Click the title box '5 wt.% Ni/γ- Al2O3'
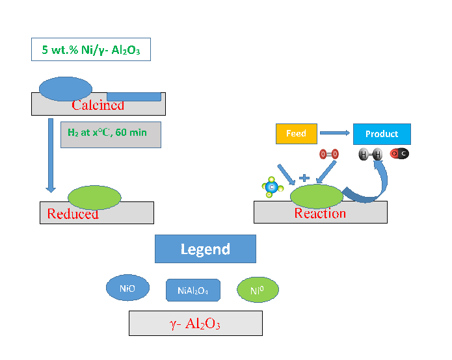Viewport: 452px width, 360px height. (91, 50)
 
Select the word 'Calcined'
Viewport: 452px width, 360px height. (98, 105)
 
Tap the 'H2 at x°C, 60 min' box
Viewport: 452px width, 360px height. (111, 133)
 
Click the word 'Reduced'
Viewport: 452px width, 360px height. (73, 214)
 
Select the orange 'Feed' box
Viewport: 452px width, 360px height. (296, 134)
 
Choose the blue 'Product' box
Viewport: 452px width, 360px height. (382, 134)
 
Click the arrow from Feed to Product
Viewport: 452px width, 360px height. (335, 134)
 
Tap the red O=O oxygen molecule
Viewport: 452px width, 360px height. (329, 154)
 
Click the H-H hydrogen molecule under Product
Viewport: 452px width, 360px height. (370, 154)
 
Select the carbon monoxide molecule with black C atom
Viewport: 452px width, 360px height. (399, 154)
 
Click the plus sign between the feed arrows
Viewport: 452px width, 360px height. (303, 177)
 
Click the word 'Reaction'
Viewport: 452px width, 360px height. (320, 213)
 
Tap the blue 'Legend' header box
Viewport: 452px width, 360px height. (205, 249)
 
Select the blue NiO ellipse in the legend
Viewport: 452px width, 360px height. (127, 288)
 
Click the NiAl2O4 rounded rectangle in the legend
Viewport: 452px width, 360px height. (193, 290)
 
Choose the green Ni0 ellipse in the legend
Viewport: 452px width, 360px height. (257, 290)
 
